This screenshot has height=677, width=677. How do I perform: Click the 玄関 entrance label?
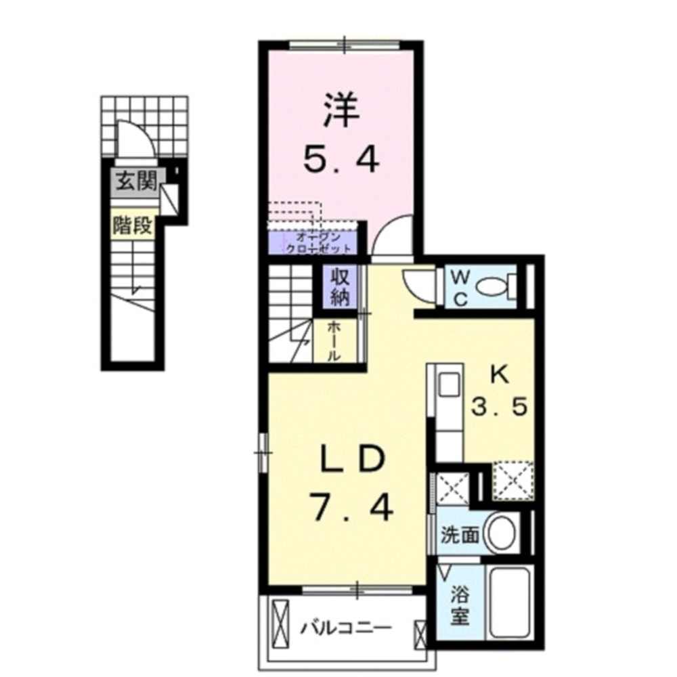point(136,181)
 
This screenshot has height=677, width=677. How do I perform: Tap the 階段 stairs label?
point(133,226)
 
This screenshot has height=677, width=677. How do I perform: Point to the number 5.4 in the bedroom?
point(340,160)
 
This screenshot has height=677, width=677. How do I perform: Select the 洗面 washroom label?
point(460,535)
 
